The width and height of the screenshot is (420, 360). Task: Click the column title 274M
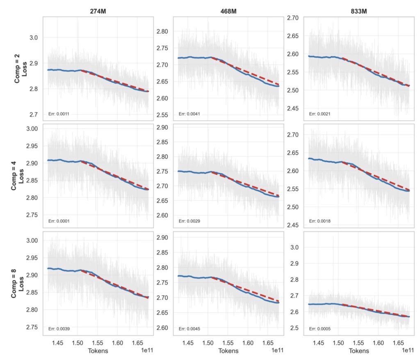(98, 11)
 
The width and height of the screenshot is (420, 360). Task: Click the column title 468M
(228, 11)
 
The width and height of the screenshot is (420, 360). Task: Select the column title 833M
(358, 11)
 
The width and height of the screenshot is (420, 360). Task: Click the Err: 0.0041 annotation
(189, 114)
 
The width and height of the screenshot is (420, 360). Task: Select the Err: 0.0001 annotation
(59, 221)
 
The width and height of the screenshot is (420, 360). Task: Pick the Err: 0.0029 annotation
(189, 221)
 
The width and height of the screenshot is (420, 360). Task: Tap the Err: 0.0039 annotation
(59, 329)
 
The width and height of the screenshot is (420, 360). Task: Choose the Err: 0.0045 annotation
(189, 329)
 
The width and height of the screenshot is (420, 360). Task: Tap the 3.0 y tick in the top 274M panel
(34, 38)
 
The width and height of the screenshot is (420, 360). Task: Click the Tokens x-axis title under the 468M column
(228, 351)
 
